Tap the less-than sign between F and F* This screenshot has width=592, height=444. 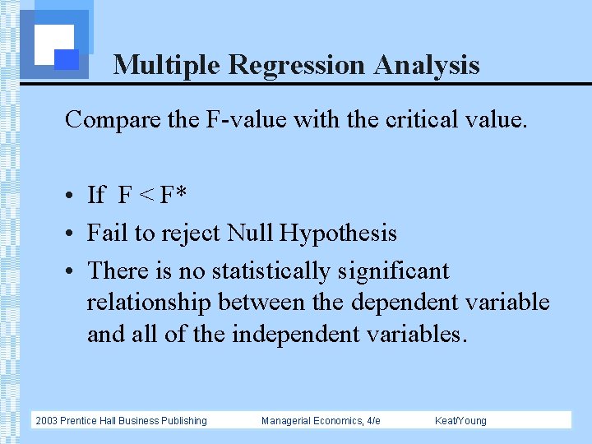(x=146, y=196)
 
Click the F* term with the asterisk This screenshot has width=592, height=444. (x=173, y=196)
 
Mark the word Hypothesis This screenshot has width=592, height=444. (x=338, y=234)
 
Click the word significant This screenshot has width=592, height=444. (x=400, y=271)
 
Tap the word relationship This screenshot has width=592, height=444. (x=150, y=302)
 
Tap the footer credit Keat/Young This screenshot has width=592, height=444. (x=460, y=421)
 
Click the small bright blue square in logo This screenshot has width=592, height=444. (x=67, y=58)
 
